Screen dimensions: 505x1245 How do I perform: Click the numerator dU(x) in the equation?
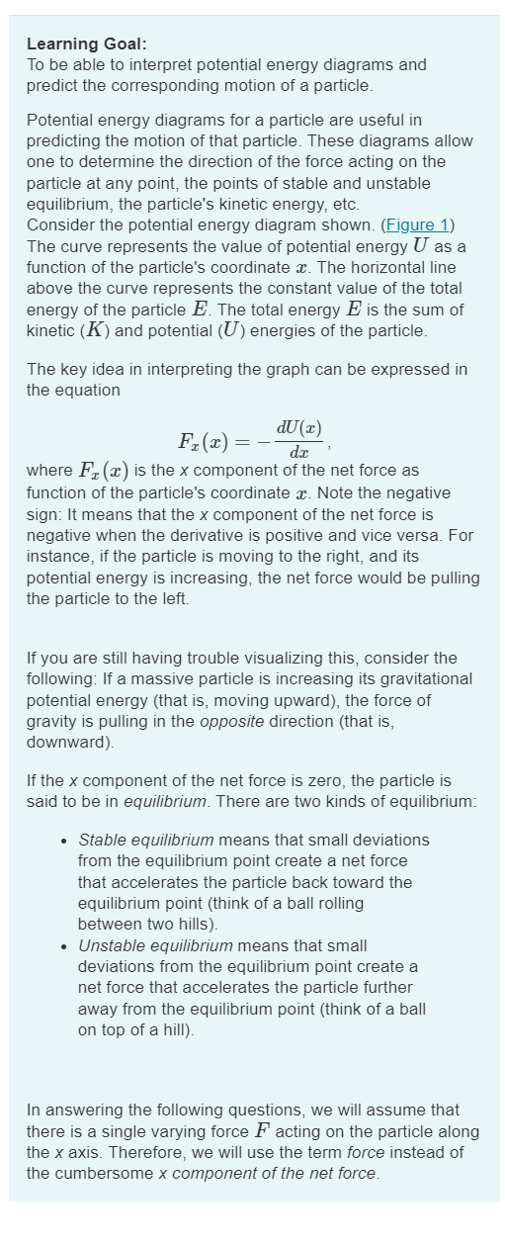pos(298,427)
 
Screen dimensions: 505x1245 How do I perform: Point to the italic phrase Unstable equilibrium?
pos(155,945)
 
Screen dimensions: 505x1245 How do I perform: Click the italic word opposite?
pos(229,721)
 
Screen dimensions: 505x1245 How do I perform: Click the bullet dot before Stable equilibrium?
pos(63,841)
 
